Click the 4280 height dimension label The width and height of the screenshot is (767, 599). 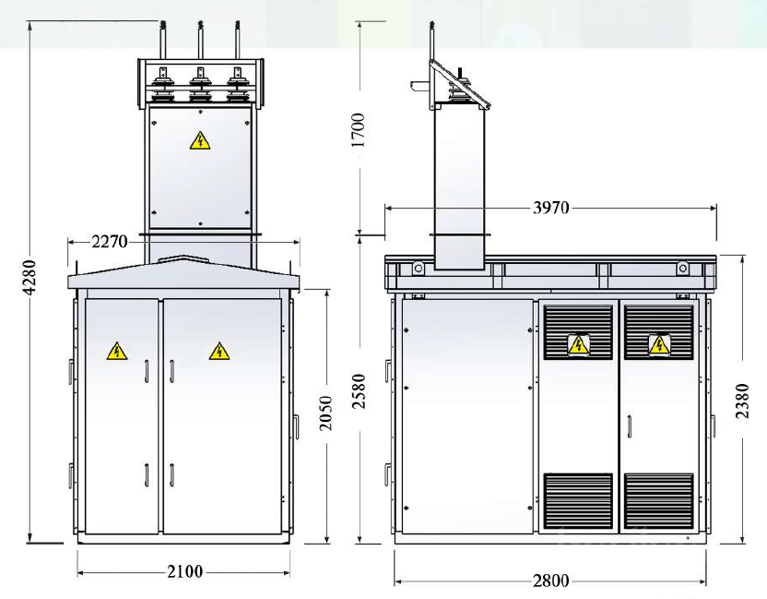click(30, 277)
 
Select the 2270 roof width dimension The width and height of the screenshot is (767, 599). click(110, 242)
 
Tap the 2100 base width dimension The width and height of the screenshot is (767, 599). click(185, 571)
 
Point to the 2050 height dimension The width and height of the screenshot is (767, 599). click(325, 413)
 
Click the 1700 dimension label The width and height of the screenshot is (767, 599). click(359, 130)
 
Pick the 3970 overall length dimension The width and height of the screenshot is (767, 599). click(550, 209)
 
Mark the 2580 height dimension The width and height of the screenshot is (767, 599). click(360, 390)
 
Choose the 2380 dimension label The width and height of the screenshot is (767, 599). click(742, 401)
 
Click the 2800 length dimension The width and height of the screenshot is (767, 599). click(550, 581)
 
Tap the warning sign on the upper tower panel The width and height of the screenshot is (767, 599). click(200, 140)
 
